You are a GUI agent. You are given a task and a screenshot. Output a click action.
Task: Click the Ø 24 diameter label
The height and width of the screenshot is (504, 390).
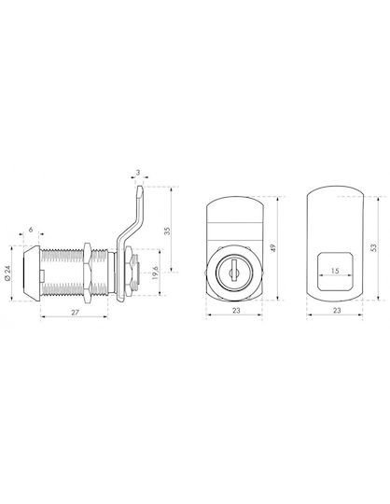coord(7,274)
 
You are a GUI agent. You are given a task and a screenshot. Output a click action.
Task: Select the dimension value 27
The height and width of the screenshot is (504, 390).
coord(75,312)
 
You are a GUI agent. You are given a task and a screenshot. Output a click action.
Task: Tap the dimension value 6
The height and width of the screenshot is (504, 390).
coord(31,230)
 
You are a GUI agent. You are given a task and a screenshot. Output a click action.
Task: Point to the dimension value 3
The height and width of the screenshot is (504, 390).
coord(138,173)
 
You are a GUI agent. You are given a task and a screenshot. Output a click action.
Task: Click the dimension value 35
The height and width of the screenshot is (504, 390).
coord(167,231)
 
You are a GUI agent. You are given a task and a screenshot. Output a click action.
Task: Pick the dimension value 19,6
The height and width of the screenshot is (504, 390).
coord(155,273)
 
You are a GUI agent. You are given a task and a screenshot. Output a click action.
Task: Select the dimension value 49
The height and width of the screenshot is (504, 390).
coord(272,248)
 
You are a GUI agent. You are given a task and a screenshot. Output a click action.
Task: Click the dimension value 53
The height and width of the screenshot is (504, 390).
coord(373,247)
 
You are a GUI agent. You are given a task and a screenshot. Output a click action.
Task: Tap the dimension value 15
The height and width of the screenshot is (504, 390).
coord(335,271)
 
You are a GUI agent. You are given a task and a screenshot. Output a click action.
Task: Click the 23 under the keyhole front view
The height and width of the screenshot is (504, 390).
coord(236,311)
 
